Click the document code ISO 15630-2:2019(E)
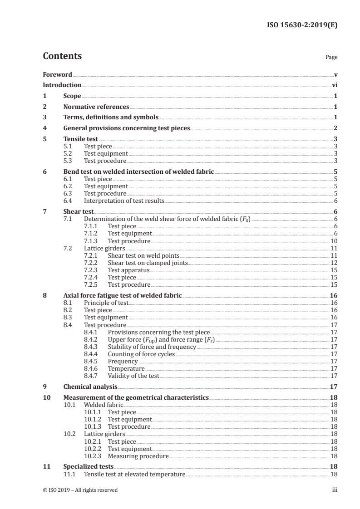[301, 25]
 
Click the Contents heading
[62, 56]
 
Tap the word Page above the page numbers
[331, 58]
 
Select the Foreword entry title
[57, 74]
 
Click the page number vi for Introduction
[334, 85]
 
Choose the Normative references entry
[96, 107]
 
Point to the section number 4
[44, 128]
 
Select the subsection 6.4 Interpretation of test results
[124, 201]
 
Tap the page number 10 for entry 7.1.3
[333, 241]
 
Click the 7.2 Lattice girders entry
[104, 249]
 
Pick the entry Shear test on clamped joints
[147, 263]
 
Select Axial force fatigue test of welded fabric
[122, 295]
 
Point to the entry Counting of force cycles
[141, 354]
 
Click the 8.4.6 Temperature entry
[126, 369]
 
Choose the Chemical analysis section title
[90, 387]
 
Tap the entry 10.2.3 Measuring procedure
[138, 456]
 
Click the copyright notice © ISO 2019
[80, 490]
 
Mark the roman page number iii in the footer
[334, 490]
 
